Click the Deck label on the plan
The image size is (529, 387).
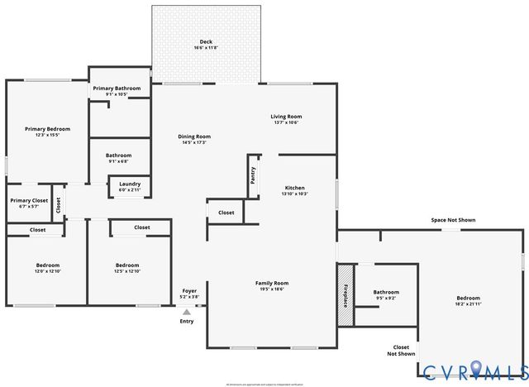(206, 41)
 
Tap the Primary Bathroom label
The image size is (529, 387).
(117, 88)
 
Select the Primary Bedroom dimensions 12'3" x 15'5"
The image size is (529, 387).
(47, 135)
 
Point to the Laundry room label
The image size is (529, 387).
(130, 184)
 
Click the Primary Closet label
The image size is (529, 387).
(29, 200)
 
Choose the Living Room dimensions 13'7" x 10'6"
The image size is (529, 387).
(286, 122)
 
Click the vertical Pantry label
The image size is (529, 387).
(252, 174)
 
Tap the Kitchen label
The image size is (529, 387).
(295, 188)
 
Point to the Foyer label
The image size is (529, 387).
(189, 290)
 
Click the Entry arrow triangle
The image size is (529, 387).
(187, 312)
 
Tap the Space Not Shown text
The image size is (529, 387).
(453, 220)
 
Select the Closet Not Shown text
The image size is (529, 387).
(401, 351)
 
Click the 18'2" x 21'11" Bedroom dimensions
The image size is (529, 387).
(468, 303)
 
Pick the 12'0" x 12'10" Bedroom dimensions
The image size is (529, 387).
(48, 271)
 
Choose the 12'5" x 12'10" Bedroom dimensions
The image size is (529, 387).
(128, 271)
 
